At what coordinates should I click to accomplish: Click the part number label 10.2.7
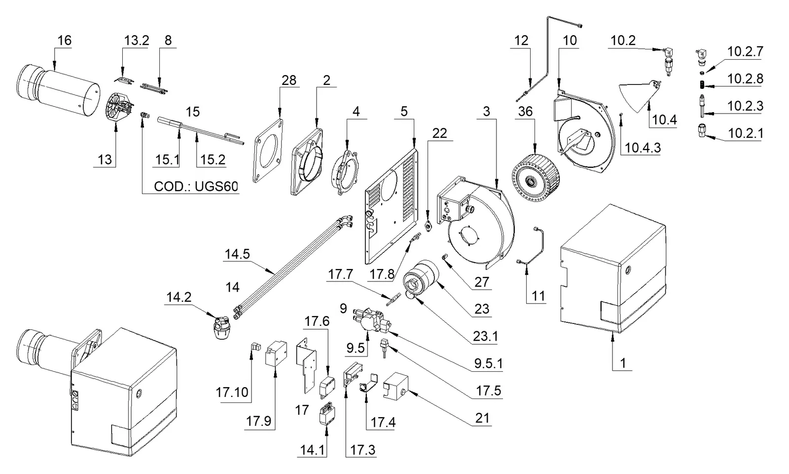pos(745,51)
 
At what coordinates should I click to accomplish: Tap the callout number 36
pos(525,112)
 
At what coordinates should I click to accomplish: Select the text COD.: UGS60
pos(196,186)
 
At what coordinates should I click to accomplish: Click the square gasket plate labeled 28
pos(268,151)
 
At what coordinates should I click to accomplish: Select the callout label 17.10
pos(232,392)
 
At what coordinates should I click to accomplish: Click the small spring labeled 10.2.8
pos(702,85)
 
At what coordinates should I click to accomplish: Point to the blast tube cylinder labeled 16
pos(58,91)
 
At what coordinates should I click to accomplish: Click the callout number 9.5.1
pos(488,363)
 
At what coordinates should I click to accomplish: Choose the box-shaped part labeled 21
pos(395,386)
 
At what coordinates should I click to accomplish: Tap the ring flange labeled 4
pos(346,173)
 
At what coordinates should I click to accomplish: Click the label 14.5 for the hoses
pos(237,254)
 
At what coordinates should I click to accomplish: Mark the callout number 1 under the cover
pos(623,363)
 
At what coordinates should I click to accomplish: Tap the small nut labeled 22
pos(428,226)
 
